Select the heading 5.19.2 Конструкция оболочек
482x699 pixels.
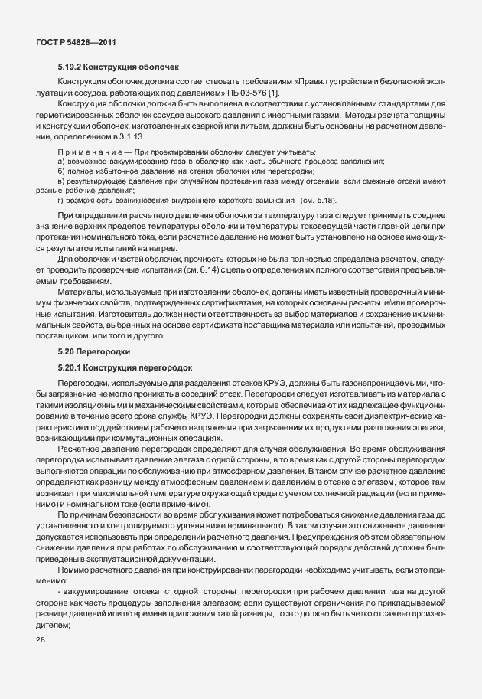[117, 68]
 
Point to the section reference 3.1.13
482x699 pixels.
[128, 136]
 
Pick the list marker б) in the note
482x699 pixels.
[61, 171]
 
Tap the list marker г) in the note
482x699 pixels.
[61, 199]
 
